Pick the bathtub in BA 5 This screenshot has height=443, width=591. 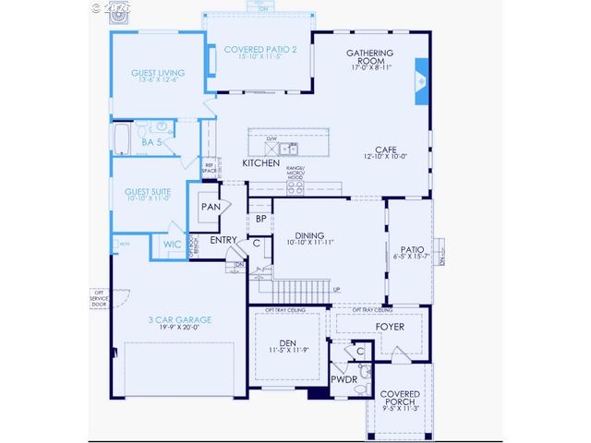pos(123,139)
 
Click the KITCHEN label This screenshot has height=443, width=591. pos(260,163)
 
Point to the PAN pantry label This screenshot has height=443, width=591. pos(211,207)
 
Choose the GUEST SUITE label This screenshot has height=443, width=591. pos(148,193)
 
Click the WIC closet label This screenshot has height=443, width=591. pos(172,245)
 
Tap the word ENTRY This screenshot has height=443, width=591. pos(224,240)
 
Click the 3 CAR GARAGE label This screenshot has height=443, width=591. pos(180,319)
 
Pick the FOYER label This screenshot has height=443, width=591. pos(391,327)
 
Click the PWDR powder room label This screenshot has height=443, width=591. pos(344,379)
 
